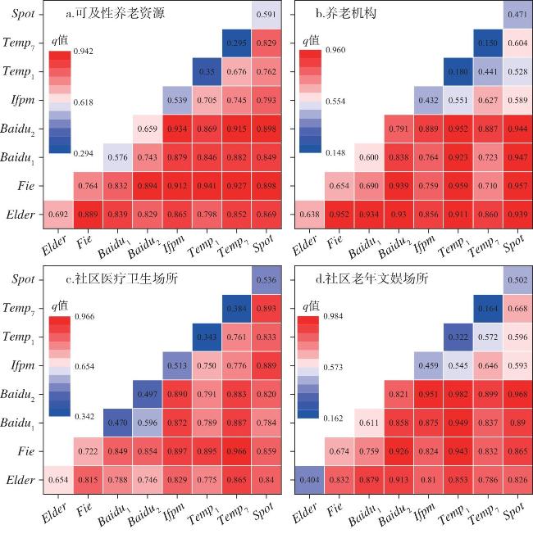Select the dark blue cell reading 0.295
[237, 43]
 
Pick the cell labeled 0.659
[147, 128]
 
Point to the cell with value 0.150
[487, 43]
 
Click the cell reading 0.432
[428, 99]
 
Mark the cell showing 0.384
[237, 307]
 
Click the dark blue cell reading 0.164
[487, 307]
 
